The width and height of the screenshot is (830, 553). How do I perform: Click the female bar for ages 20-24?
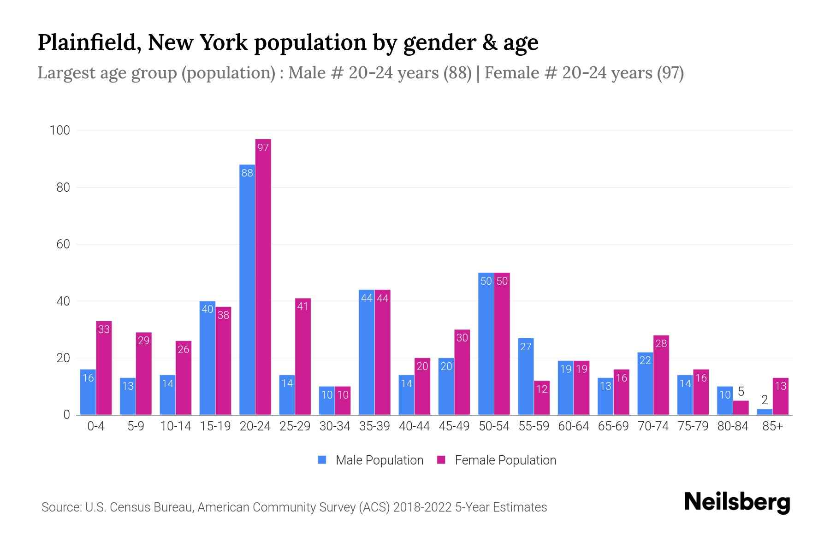[263, 276]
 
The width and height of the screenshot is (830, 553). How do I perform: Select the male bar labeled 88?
[247, 290]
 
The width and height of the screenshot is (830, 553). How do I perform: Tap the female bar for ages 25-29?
[303, 357]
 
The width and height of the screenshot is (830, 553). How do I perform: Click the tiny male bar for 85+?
[765, 412]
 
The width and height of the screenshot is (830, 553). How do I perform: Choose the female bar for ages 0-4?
[104, 369]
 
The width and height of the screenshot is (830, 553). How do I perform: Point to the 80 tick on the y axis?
[63, 188]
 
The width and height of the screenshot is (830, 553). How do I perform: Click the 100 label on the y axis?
[60, 130]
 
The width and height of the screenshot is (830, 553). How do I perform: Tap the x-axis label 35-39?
[374, 426]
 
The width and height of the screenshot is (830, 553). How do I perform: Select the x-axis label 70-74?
[653, 426]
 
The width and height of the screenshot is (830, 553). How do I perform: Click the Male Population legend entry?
[379, 460]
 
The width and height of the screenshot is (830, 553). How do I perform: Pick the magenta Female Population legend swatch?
[441, 460]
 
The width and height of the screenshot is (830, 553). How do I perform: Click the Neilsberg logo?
[737, 502]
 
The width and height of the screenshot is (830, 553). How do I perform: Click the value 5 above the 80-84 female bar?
[741, 392]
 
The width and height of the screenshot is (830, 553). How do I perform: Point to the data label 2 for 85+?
[765, 400]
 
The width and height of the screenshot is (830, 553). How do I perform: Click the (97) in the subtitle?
[670, 73]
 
